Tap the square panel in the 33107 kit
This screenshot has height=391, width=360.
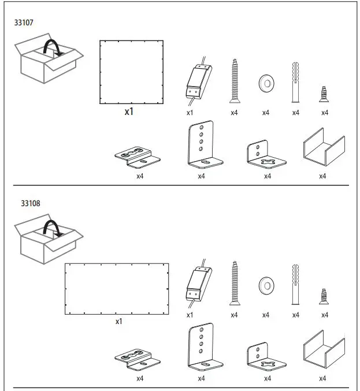pos(131,72)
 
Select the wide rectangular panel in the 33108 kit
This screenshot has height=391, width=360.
pos(117,289)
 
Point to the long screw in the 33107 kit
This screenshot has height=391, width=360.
pos(234,81)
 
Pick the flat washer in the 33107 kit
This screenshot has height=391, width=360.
pos(266,83)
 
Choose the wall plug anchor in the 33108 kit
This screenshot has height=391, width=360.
pos(296,284)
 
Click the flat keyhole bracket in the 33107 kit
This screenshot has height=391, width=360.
pos(139,156)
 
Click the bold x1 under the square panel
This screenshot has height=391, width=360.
pos(129,111)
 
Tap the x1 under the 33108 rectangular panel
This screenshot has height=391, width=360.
pos(118,321)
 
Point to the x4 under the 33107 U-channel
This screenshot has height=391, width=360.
pos(322,176)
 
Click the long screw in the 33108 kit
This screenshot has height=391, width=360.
pos(234,283)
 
